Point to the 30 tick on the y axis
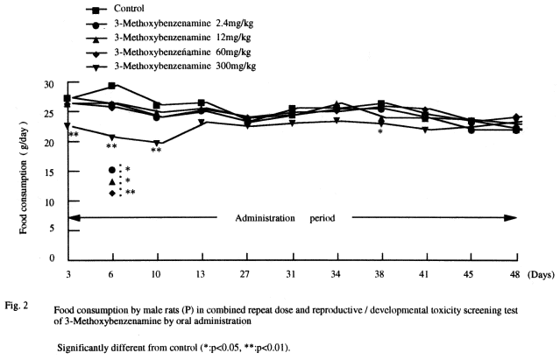coord(50,84)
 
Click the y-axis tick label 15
coord(50,172)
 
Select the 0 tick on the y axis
coord(53,259)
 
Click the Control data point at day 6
coord(111,86)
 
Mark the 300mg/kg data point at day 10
coord(156,143)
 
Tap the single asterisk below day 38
coord(380,132)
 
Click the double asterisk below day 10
coord(156,151)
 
